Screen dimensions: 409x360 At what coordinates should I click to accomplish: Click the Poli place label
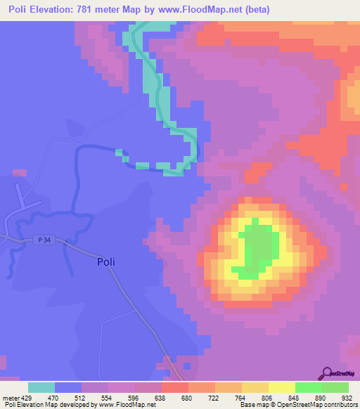coord(104,262)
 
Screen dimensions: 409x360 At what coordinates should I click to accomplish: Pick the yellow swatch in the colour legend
coord(281,387)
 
